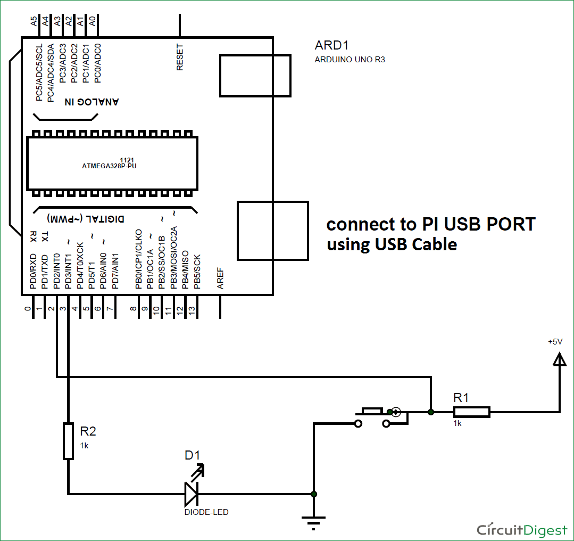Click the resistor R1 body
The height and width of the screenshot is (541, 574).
[471, 411]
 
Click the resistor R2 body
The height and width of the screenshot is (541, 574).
[68, 441]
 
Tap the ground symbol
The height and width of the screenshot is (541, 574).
[314, 519]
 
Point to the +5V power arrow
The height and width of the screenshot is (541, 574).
[559, 361]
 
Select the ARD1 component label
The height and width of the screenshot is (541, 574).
[332, 46]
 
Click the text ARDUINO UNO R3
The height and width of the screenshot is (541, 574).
[350, 60]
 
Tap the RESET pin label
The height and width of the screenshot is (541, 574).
[180, 58]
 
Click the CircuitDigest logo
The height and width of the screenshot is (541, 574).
[522, 530]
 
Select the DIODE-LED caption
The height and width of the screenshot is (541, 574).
[206, 512]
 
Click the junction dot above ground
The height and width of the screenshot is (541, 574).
[314, 494]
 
